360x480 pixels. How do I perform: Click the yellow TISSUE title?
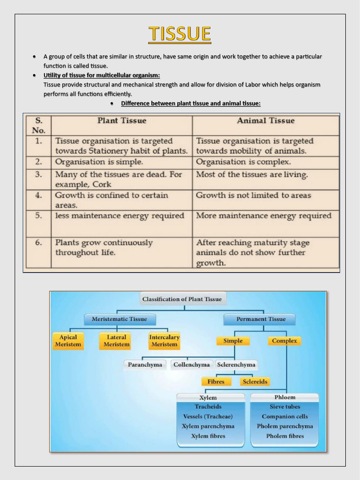[x=180, y=34]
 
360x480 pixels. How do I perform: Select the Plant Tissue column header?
[x=122, y=121]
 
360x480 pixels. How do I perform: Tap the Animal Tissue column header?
[x=266, y=121]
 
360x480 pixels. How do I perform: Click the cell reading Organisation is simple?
[x=99, y=162]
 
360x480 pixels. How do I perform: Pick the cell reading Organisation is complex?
[x=243, y=162]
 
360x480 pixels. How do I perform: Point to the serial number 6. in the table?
[x=38, y=243]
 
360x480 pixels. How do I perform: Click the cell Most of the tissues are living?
[x=252, y=175]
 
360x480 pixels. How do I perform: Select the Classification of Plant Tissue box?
[x=182, y=299]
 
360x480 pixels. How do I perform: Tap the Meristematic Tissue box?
[x=119, y=319]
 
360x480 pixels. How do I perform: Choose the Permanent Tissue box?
[x=261, y=319]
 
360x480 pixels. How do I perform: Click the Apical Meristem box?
[x=68, y=341]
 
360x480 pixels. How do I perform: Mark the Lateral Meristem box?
[x=116, y=341]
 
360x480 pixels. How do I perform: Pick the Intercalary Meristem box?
[x=164, y=341]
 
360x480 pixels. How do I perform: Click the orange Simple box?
[x=233, y=341]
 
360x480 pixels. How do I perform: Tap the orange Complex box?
[x=285, y=341]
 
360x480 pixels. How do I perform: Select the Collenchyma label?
[x=191, y=365]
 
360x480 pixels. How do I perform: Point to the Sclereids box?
[x=255, y=382]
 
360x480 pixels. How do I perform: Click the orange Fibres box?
[x=216, y=382]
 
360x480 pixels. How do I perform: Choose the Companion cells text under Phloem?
[x=285, y=416]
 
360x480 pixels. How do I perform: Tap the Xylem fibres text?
[x=208, y=436]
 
